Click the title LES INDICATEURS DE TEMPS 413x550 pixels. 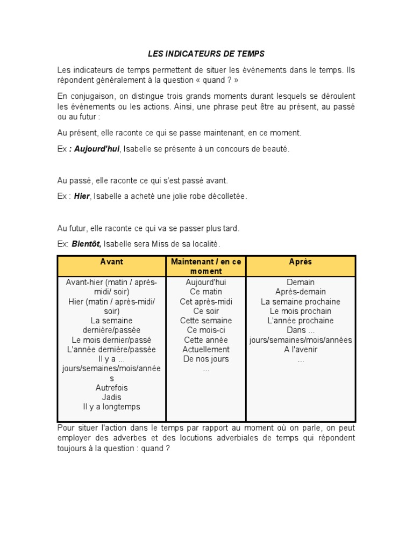[x=206, y=54]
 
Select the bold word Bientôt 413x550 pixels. [x=86, y=244]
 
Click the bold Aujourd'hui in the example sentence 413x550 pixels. [x=97, y=149]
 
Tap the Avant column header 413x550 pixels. [x=111, y=262]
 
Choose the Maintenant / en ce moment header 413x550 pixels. [x=206, y=266]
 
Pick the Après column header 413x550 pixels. [x=301, y=262]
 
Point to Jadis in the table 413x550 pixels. [x=111, y=397]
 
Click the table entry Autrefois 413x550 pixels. [x=111, y=388]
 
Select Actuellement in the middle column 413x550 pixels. [x=206, y=350]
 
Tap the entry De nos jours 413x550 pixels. [x=206, y=359]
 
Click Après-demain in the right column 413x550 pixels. [x=301, y=292]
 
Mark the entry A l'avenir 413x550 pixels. [x=301, y=350]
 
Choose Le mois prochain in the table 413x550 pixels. [x=301, y=312]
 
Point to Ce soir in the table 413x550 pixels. [x=206, y=312]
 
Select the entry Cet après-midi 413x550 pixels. [x=206, y=302]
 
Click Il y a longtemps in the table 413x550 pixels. [x=111, y=407]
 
